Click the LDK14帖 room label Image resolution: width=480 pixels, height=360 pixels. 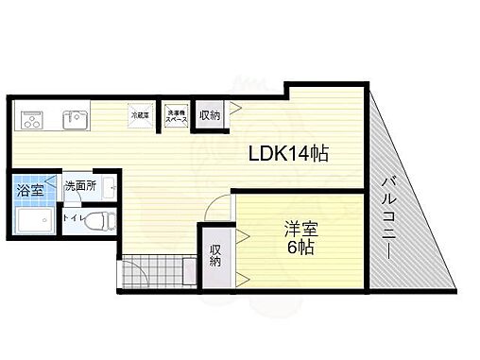tap(288, 154)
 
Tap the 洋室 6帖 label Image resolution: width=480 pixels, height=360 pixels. tap(301, 237)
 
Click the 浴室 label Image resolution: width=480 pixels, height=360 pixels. tap(27, 190)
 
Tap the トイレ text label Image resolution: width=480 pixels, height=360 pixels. tap(72, 218)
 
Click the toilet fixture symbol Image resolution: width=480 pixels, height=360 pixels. tap(101, 220)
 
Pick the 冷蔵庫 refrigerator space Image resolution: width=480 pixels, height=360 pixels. tap(139, 115)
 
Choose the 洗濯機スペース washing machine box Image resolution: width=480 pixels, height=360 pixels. tap(177, 115)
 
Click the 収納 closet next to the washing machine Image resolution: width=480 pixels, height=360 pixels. tap(209, 115)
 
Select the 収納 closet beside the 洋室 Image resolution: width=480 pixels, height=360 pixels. tap(215, 255)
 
